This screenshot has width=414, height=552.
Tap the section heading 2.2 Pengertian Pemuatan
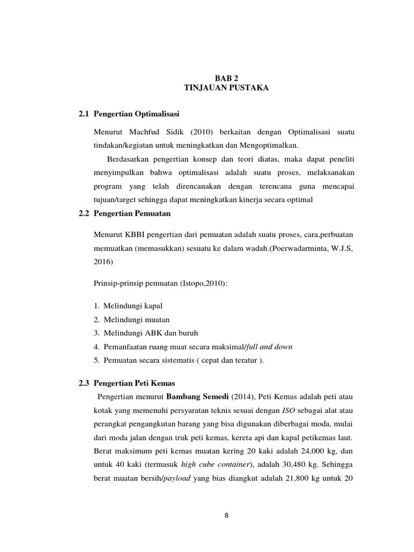pyautogui.click(x=125, y=214)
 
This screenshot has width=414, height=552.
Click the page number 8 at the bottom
pyautogui.click(x=227, y=515)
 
